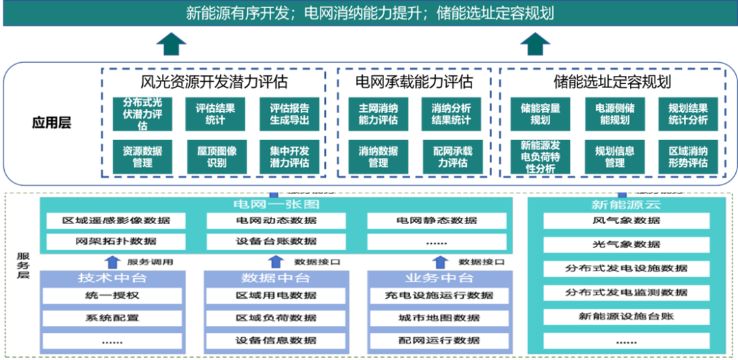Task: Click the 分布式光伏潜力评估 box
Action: pyautogui.click(x=142, y=114)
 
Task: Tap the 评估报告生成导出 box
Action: pyautogui.click(x=289, y=114)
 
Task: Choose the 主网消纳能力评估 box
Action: pyautogui.click(x=378, y=114)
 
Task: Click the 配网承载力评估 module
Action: pyautogui.click(x=451, y=157)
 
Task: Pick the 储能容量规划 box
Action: pyautogui.click(x=541, y=114)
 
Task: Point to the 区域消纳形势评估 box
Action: pyautogui.click(x=688, y=157)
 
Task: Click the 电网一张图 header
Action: pyautogui.click(x=276, y=204)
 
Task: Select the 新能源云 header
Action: pyautogui.click(x=626, y=204)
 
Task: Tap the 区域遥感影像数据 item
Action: pyautogui.click(x=115, y=221)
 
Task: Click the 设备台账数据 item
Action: pyautogui.click(x=276, y=241)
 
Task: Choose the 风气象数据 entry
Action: pyautogui.click(x=626, y=221)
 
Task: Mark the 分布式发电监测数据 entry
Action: pyautogui.click(x=626, y=292)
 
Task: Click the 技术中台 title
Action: pyautogui.click(x=112, y=278)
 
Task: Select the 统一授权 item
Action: pyautogui.click(x=112, y=296)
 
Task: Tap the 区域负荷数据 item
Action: pyautogui.click(x=276, y=318)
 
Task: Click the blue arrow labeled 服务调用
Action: pyautogui.click(x=113, y=261)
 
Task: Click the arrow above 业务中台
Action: pyautogui.click(x=441, y=261)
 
